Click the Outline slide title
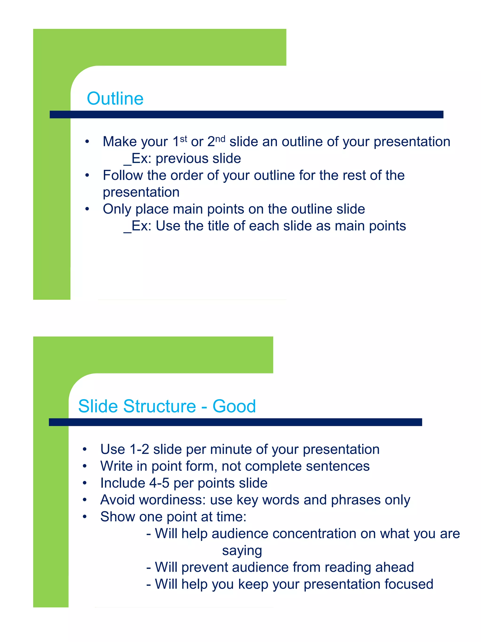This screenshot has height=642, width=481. (x=115, y=98)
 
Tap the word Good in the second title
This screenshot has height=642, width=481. (x=234, y=406)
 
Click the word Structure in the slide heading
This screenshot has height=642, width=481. (x=159, y=406)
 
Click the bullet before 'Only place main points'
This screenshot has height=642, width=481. (x=87, y=209)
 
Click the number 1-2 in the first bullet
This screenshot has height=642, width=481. (x=139, y=449)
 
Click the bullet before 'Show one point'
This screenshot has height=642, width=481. (x=85, y=517)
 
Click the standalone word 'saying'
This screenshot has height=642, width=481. (x=242, y=551)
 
